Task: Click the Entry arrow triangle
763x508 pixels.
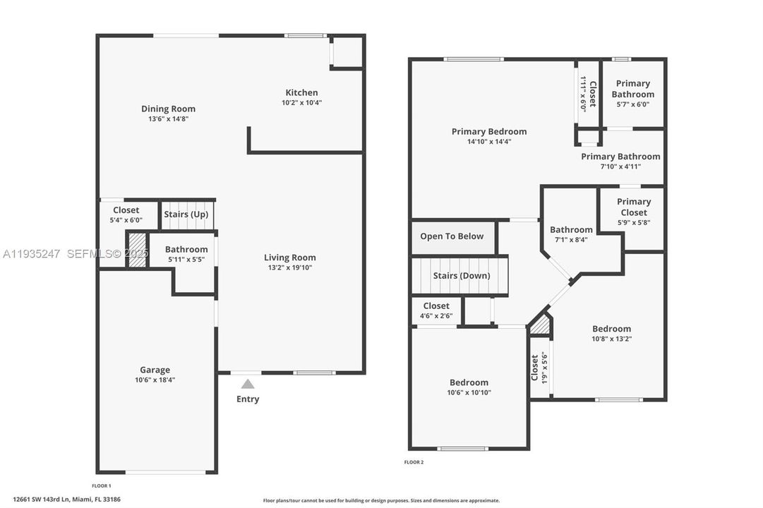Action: click(248, 385)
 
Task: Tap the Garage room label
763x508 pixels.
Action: click(155, 370)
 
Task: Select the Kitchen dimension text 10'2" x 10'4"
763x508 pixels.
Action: click(301, 103)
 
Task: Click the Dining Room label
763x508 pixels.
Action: click(168, 109)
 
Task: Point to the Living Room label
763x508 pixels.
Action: click(290, 258)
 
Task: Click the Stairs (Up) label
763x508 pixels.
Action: click(186, 214)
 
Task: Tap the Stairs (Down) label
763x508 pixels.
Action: click(461, 275)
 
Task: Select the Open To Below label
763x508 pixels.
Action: click(452, 236)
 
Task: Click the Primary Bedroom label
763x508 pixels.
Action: click(489, 131)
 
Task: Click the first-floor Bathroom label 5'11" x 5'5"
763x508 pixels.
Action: click(186, 249)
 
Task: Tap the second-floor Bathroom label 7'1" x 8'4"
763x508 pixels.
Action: click(571, 229)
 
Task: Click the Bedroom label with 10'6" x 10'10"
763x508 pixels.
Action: click(469, 382)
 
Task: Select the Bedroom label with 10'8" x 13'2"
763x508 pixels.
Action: click(611, 329)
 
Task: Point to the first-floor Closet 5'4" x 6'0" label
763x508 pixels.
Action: click(126, 210)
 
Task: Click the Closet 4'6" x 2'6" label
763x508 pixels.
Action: click(435, 306)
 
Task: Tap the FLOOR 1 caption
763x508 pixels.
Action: click(102, 486)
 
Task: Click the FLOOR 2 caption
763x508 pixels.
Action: click(414, 462)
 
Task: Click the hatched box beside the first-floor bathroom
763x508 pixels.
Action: click(137, 250)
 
